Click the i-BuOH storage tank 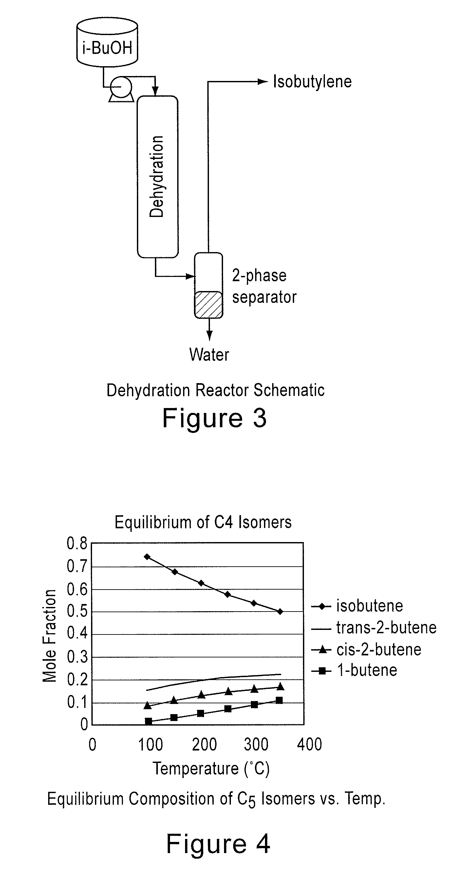click(107, 43)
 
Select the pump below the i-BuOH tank click(121, 87)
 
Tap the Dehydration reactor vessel click(157, 176)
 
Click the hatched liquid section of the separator click(208, 304)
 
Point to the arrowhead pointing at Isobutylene click(263, 82)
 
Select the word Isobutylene click(312, 82)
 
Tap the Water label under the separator click(209, 354)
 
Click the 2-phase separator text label click(264, 286)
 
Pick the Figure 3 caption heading click(215, 418)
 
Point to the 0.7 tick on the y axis click(77, 567)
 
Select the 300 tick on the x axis click(256, 744)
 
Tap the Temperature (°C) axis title click(211, 769)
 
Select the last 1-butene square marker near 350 click(279, 700)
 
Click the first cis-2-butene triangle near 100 click(147, 705)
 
